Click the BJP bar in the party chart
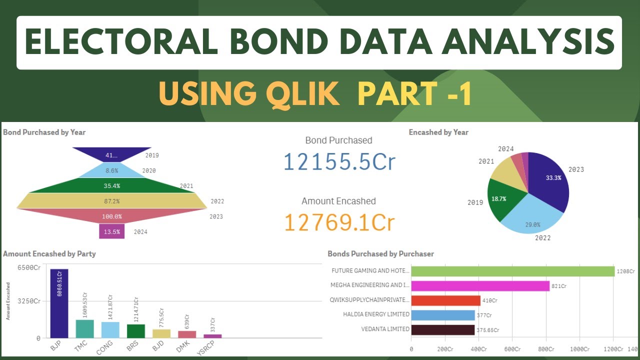pyautogui.click(x=59, y=303)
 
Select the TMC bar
pyautogui.click(x=84, y=328)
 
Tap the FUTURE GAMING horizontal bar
pyautogui.click(x=512, y=271)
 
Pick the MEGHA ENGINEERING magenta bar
pyautogui.click(x=480, y=285)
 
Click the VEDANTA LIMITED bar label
pyautogui.click(x=385, y=329)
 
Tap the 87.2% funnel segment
pyautogui.click(x=112, y=201)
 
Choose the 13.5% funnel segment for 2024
pyautogui.click(x=111, y=231)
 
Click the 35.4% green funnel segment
pyautogui.click(x=112, y=185)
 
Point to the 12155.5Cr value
pyautogui.click(x=339, y=162)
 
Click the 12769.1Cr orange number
pyautogui.click(x=339, y=222)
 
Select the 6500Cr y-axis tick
pyautogui.click(x=29, y=267)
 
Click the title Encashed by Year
pyautogui.click(x=438, y=132)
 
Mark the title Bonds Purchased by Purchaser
pyautogui.click(x=380, y=254)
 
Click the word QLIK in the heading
pyautogui.click(x=303, y=93)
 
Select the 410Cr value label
pyautogui.click(x=490, y=300)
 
